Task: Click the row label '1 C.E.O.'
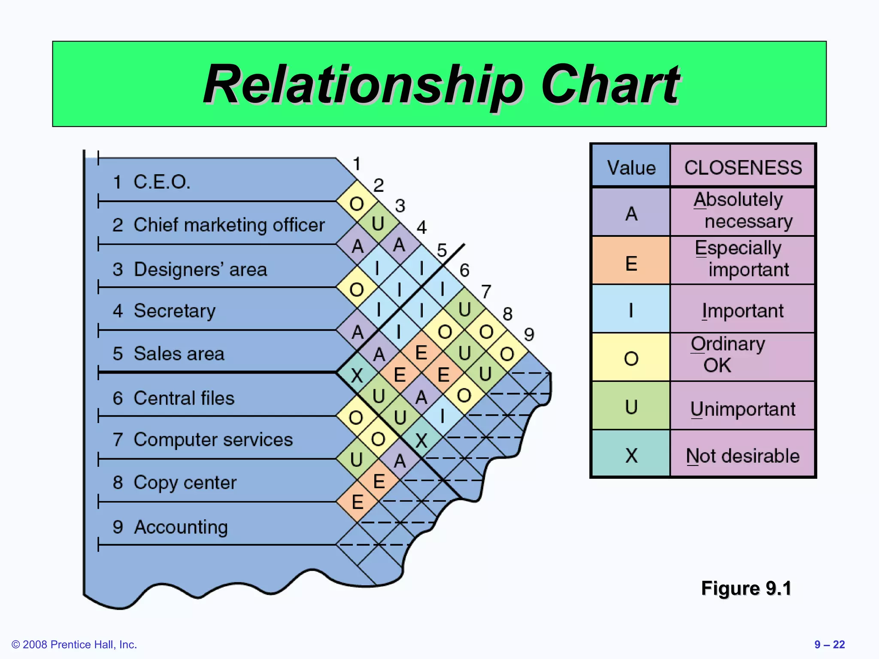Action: pos(151,182)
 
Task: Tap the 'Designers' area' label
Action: pos(190,269)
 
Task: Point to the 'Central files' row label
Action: pos(173,398)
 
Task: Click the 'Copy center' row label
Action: pos(174,483)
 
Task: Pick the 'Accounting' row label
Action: pos(170,527)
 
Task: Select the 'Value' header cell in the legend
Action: pos(631,167)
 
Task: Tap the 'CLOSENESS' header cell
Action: pos(743,167)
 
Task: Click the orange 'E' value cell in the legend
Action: pos(631,263)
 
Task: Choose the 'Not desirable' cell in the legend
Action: pos(743,456)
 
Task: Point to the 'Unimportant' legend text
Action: pos(743,409)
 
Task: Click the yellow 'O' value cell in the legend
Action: pos(631,358)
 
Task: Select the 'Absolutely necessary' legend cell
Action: pos(743,210)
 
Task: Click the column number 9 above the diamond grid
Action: pos(529,334)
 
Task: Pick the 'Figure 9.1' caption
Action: pos(746,588)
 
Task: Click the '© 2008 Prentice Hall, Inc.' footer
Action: pos(74,644)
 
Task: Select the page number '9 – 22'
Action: pos(829,644)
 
